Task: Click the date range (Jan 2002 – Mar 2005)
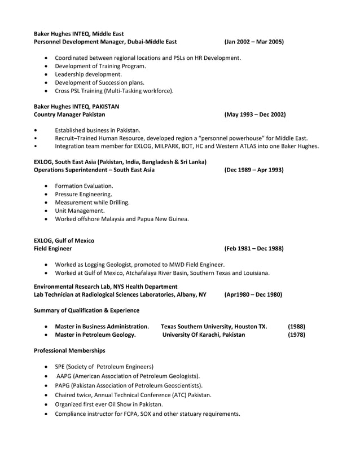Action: (253, 42)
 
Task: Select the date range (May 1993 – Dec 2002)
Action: (254, 115)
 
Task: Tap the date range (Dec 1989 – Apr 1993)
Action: (253, 170)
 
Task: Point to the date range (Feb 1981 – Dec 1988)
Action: (253, 248)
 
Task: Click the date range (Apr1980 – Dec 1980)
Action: (253, 294)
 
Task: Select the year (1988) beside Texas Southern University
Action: (296, 326)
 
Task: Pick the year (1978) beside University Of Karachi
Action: (296, 335)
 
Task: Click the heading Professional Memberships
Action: (69, 350)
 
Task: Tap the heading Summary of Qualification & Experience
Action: (86, 310)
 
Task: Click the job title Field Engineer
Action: (52, 248)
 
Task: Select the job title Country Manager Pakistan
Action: (69, 115)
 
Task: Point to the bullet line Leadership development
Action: (88, 74)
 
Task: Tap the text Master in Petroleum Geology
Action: (95, 335)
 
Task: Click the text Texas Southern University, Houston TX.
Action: (214, 326)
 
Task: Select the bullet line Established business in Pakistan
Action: (97, 130)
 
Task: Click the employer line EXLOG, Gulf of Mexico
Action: (64, 240)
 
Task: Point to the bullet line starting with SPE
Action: (104, 366)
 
